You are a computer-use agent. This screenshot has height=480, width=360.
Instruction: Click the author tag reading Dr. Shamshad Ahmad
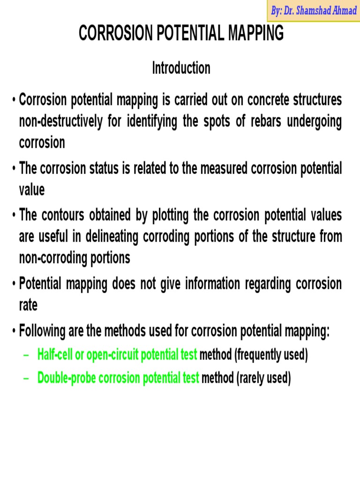(x=314, y=11)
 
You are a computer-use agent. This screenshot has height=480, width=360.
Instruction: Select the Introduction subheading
(x=181, y=68)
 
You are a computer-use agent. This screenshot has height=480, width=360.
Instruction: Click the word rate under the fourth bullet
(x=28, y=305)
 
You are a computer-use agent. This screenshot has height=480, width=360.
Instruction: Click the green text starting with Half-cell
(x=117, y=355)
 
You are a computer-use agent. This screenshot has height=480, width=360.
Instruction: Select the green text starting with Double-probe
(x=118, y=377)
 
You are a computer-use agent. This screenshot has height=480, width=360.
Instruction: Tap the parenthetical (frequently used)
(x=271, y=355)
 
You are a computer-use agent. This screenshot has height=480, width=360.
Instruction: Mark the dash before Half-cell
(x=26, y=355)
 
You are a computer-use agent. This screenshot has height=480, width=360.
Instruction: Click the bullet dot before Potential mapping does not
(x=15, y=284)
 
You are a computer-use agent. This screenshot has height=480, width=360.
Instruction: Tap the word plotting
(x=180, y=215)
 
